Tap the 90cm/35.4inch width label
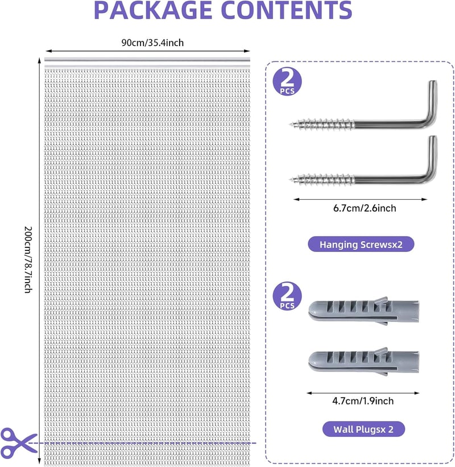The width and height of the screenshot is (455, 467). (x=152, y=43)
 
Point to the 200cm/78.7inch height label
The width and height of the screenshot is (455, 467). (x=28, y=259)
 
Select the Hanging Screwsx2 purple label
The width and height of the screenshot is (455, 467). (x=361, y=244)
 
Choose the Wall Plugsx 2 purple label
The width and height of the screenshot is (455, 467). (x=363, y=429)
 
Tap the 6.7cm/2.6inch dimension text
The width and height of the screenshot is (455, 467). (x=365, y=208)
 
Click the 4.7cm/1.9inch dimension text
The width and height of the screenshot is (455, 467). (x=363, y=401)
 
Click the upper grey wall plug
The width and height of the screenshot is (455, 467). (x=363, y=311)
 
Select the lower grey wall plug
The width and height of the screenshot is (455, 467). (x=363, y=361)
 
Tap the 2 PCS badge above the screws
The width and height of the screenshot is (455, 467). (x=287, y=81)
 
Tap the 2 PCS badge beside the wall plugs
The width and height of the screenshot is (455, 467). (x=287, y=296)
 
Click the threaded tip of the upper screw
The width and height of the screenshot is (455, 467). (x=290, y=124)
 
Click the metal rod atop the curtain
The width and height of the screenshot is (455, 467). (x=147, y=60)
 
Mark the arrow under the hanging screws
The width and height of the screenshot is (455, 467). (x=361, y=199)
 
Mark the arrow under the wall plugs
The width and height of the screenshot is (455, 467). (x=363, y=393)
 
